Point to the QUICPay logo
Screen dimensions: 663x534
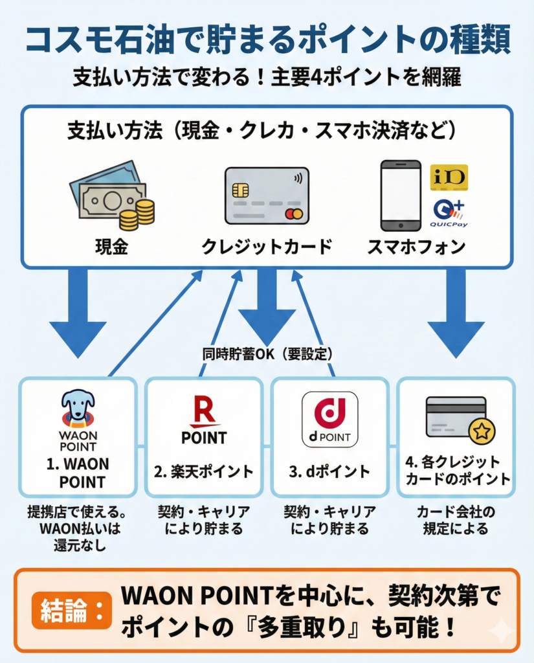point(449,213)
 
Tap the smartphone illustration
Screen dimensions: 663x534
point(400,195)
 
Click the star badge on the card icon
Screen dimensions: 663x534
point(481,431)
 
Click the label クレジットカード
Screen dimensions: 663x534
point(266,247)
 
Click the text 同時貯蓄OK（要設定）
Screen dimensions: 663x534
point(267,354)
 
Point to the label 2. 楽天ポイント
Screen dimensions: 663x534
point(203,470)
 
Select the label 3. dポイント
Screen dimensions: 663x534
point(329,470)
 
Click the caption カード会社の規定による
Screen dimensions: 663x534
point(456,520)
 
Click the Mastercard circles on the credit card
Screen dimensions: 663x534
point(293,214)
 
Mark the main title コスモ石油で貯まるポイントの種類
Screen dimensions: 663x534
point(267,40)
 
